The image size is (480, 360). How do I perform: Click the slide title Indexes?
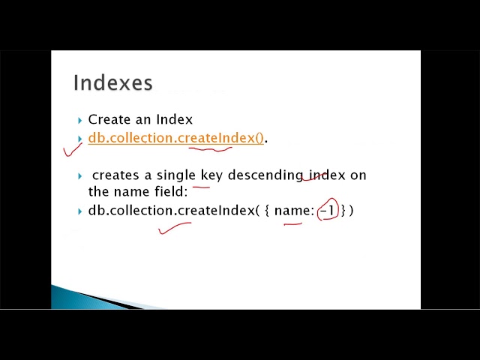[x=112, y=82]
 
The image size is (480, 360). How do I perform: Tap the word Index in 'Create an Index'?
[x=175, y=119]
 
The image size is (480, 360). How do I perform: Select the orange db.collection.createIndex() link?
[x=175, y=138]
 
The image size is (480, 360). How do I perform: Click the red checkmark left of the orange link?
[x=72, y=148]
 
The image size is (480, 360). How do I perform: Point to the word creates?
[x=115, y=175]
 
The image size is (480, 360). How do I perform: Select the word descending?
[x=265, y=175]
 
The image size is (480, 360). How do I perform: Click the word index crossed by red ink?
[x=327, y=175]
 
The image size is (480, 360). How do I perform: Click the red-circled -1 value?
[x=328, y=211]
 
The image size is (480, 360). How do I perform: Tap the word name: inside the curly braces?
[x=293, y=211]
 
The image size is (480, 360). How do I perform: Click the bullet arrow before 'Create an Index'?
[x=80, y=120]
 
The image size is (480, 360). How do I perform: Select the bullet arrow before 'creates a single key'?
[x=80, y=175]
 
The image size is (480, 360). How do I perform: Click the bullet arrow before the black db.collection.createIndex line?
[x=80, y=211]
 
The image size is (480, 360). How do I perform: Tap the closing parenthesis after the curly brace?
[x=351, y=211]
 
